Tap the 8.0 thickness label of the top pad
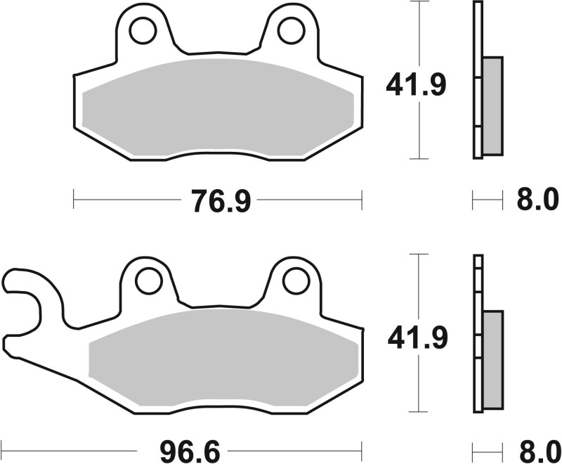(538, 201)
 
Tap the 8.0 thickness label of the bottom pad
(538, 447)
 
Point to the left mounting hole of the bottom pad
(148, 281)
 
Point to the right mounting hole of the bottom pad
(295, 281)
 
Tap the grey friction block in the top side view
(493, 105)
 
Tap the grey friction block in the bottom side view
(493, 359)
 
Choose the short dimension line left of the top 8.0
(488, 201)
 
